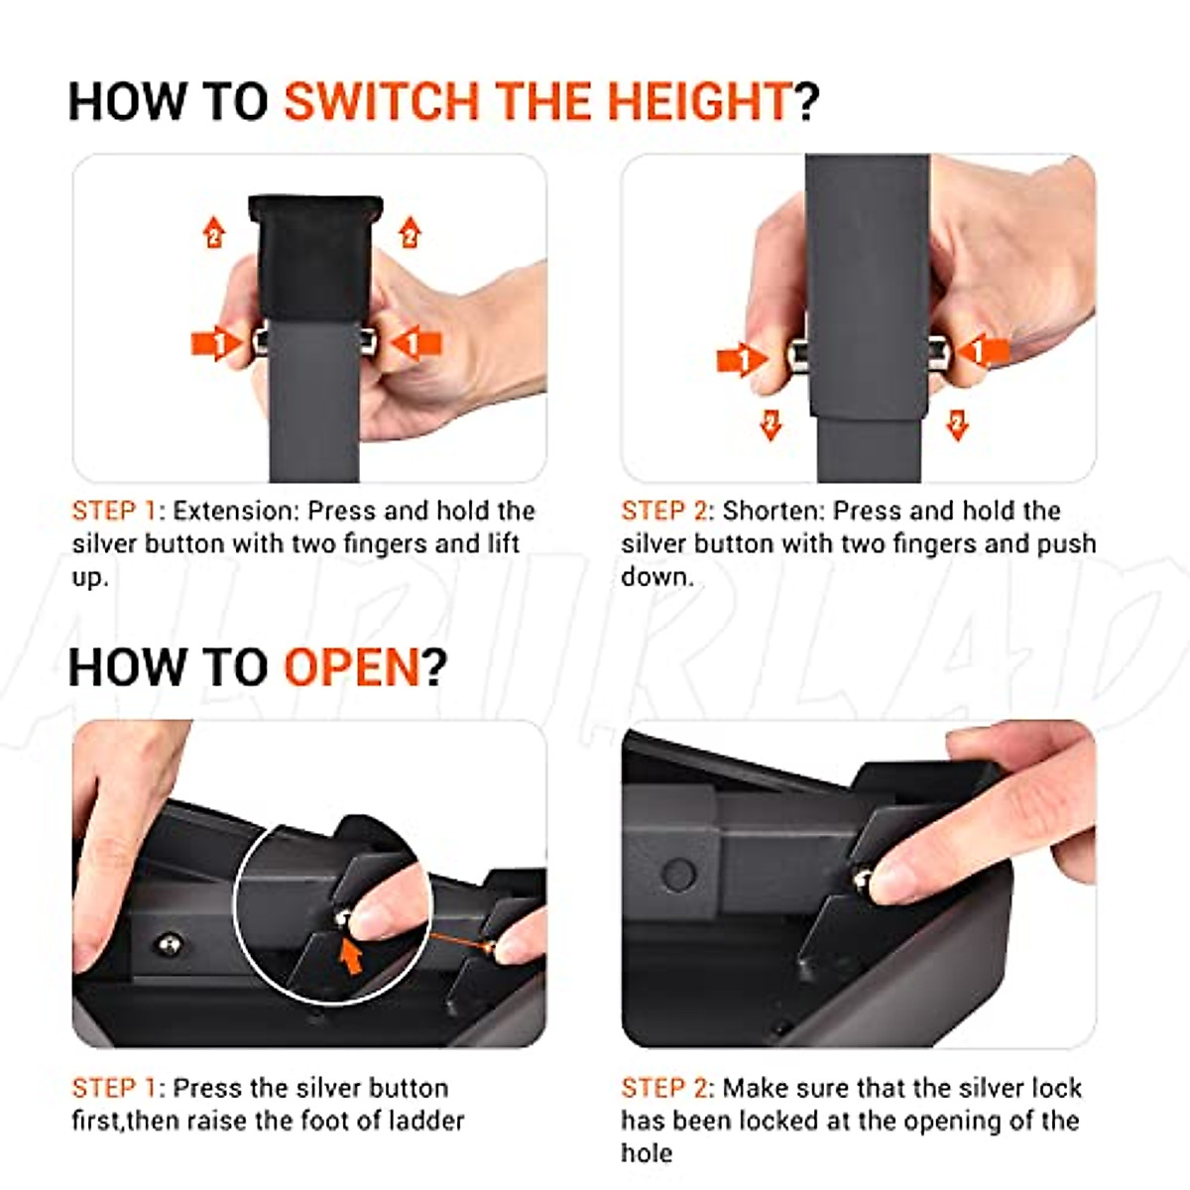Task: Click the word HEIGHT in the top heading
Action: point(699,101)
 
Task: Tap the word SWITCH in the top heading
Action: point(381,101)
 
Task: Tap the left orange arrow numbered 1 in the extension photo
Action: point(217,343)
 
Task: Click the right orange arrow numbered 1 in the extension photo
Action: point(416,343)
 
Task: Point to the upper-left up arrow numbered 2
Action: point(213,232)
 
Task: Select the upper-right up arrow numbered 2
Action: point(410,232)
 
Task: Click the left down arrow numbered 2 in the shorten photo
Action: point(771,424)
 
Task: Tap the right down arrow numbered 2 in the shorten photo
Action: point(957,424)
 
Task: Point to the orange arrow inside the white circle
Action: point(351,957)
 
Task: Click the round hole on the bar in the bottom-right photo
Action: point(678,874)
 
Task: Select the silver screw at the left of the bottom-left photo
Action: point(168,944)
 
